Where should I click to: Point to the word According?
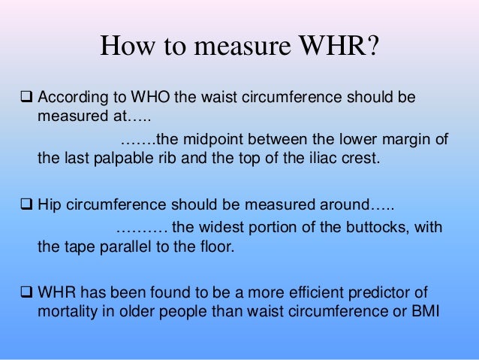(72, 99)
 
